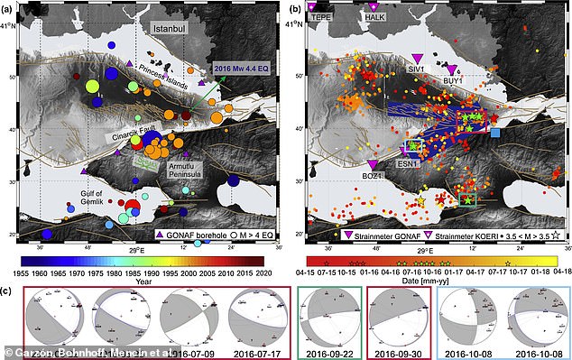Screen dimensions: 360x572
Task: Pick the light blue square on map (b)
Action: pyautogui.click(x=497, y=134)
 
